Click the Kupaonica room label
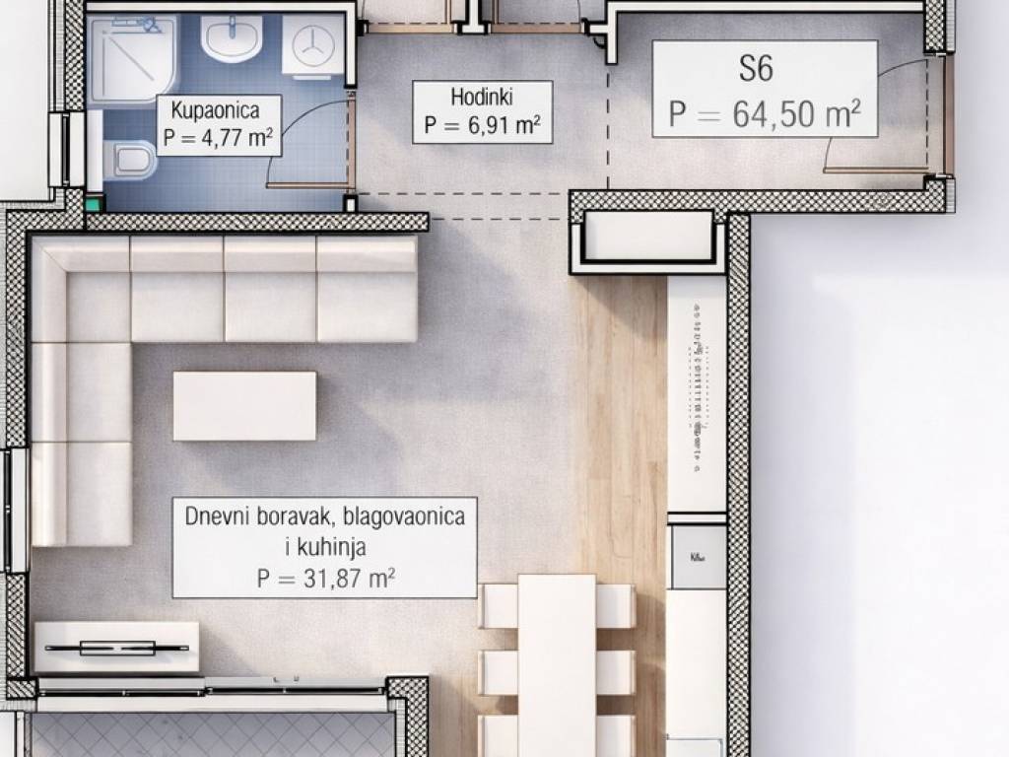[x=215, y=110]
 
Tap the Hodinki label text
[x=481, y=98]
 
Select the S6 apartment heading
[x=756, y=68]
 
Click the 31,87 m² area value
[x=348, y=578]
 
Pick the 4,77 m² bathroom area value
[x=236, y=138]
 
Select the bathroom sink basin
[x=231, y=38]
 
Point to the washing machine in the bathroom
[x=312, y=47]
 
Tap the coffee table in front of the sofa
[x=244, y=406]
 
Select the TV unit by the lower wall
[x=116, y=647]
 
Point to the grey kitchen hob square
[x=699, y=558]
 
